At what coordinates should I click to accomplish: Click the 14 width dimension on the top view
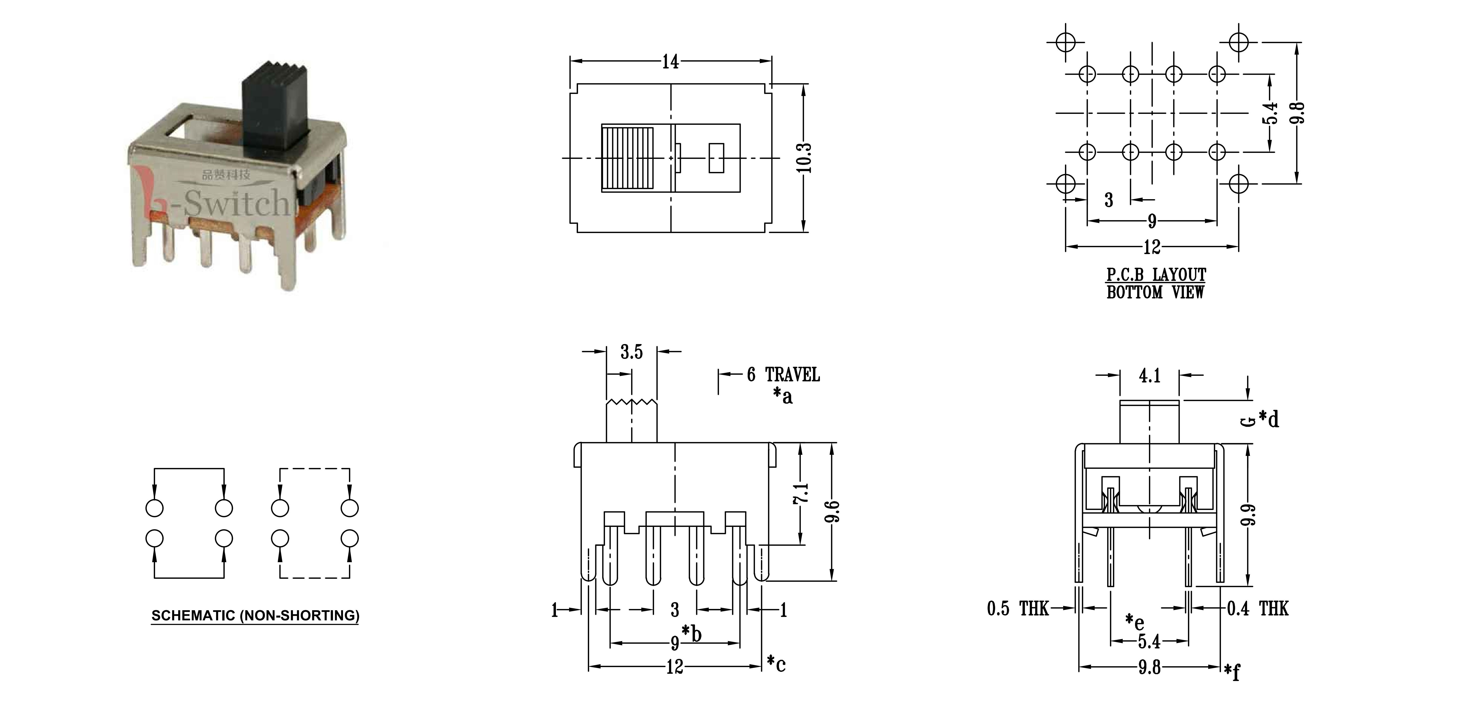click(x=670, y=61)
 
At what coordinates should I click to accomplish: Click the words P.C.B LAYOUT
click(x=1156, y=275)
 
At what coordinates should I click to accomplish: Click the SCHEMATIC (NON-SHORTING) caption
click(x=255, y=616)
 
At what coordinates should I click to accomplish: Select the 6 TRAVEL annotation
click(x=783, y=375)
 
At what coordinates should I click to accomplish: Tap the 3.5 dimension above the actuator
click(x=631, y=352)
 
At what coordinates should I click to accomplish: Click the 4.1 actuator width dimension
click(x=1149, y=376)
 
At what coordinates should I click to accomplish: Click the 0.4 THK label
click(x=1258, y=609)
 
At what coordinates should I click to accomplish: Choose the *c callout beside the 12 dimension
click(x=776, y=663)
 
